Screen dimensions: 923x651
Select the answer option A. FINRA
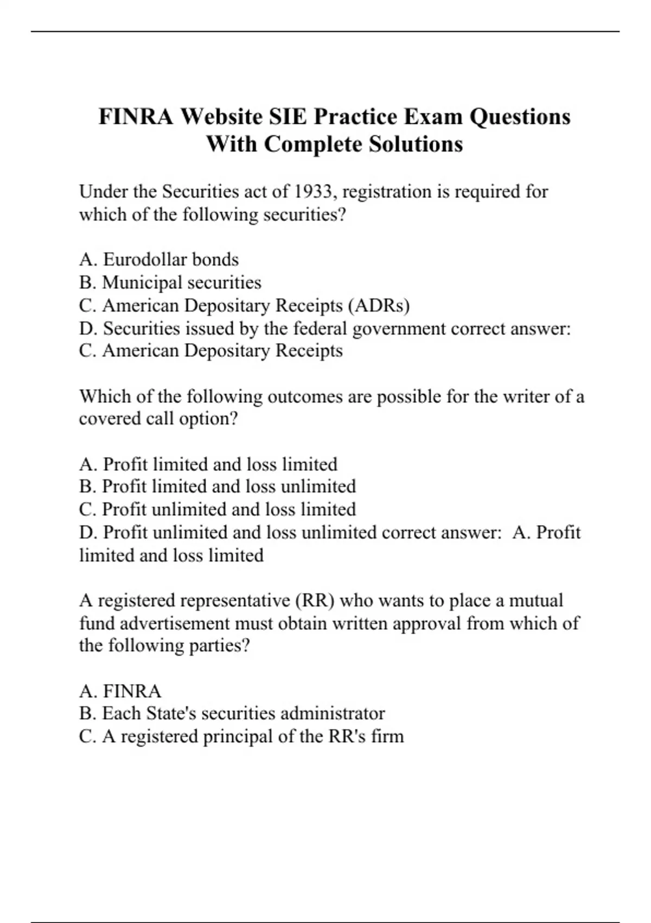[120, 691]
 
